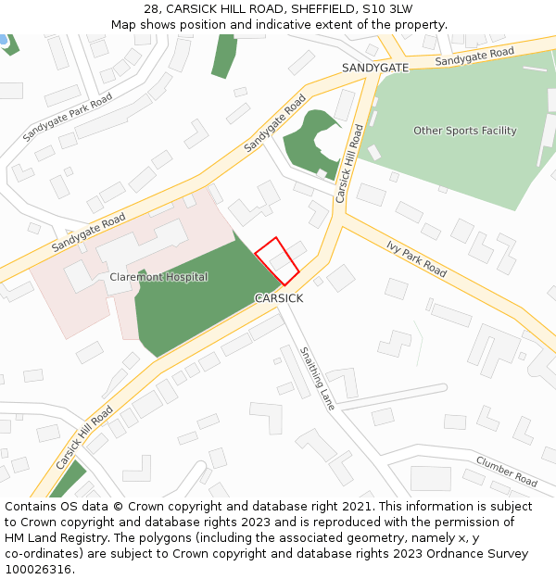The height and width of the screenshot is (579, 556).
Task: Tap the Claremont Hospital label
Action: (x=158, y=277)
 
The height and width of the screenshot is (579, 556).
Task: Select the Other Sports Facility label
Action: (x=465, y=131)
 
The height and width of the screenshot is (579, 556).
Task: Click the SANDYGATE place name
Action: (x=374, y=69)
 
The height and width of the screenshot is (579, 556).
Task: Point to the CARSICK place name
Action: (x=279, y=298)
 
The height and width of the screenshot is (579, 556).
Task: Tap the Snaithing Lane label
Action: (x=317, y=378)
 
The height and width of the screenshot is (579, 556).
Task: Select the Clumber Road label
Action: (x=506, y=471)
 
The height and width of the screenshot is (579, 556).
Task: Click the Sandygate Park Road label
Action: (x=68, y=116)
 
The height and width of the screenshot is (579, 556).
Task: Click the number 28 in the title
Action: (x=151, y=9)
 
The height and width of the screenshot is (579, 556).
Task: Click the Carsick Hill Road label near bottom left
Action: (x=84, y=437)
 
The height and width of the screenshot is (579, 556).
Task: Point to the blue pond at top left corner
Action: (x=3, y=40)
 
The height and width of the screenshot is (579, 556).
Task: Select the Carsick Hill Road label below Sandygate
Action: (x=348, y=164)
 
